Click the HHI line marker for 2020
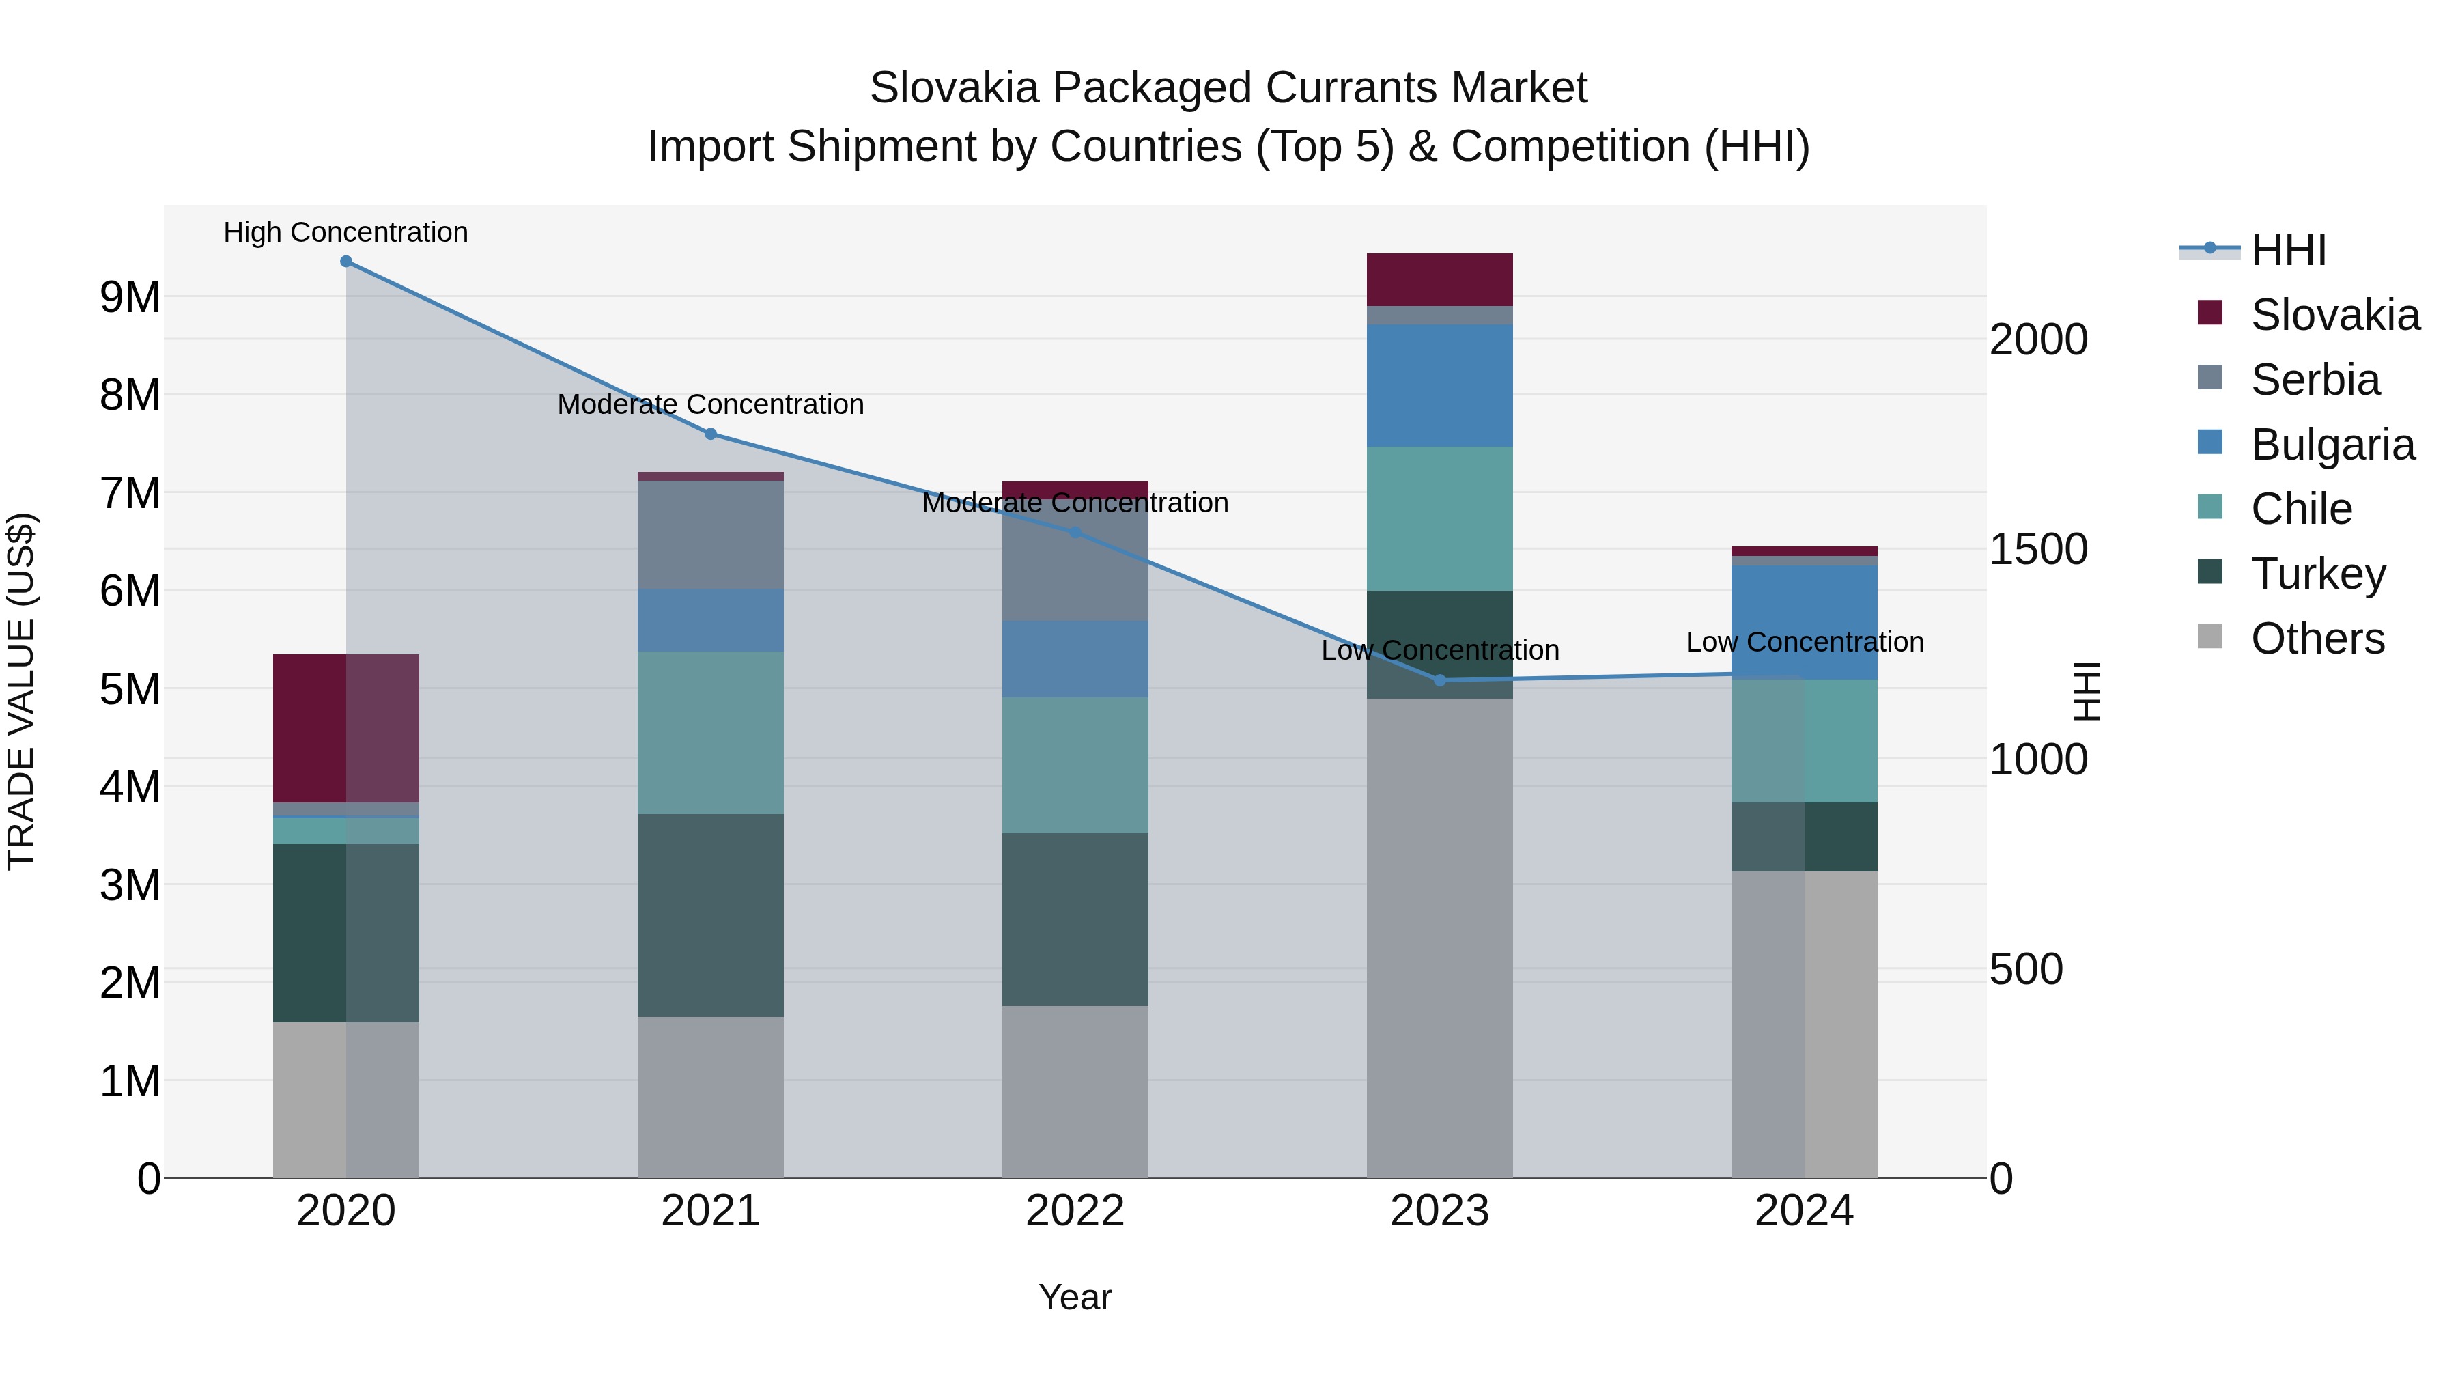click(346, 262)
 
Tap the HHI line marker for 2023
click(1440, 680)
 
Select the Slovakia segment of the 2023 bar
click(1440, 279)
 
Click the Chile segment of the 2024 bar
click(1805, 740)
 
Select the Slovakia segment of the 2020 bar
click(346, 728)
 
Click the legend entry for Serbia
click(2315, 380)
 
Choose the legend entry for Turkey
click(2318, 574)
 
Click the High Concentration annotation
click(346, 233)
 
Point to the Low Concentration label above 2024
click(1805, 643)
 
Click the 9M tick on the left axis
click(130, 298)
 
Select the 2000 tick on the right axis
click(2039, 340)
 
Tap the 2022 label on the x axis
click(1075, 1211)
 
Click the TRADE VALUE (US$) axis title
click(21, 691)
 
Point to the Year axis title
click(1075, 1297)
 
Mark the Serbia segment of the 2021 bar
click(711, 535)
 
